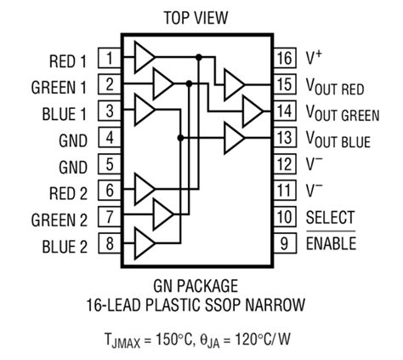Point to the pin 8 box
click(110, 245)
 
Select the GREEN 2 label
click(59, 219)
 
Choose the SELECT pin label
click(330, 219)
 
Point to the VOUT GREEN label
click(342, 112)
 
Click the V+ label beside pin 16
click(312, 58)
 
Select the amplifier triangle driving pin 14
click(253, 110)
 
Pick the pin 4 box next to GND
click(110, 138)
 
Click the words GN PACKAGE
click(196, 286)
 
